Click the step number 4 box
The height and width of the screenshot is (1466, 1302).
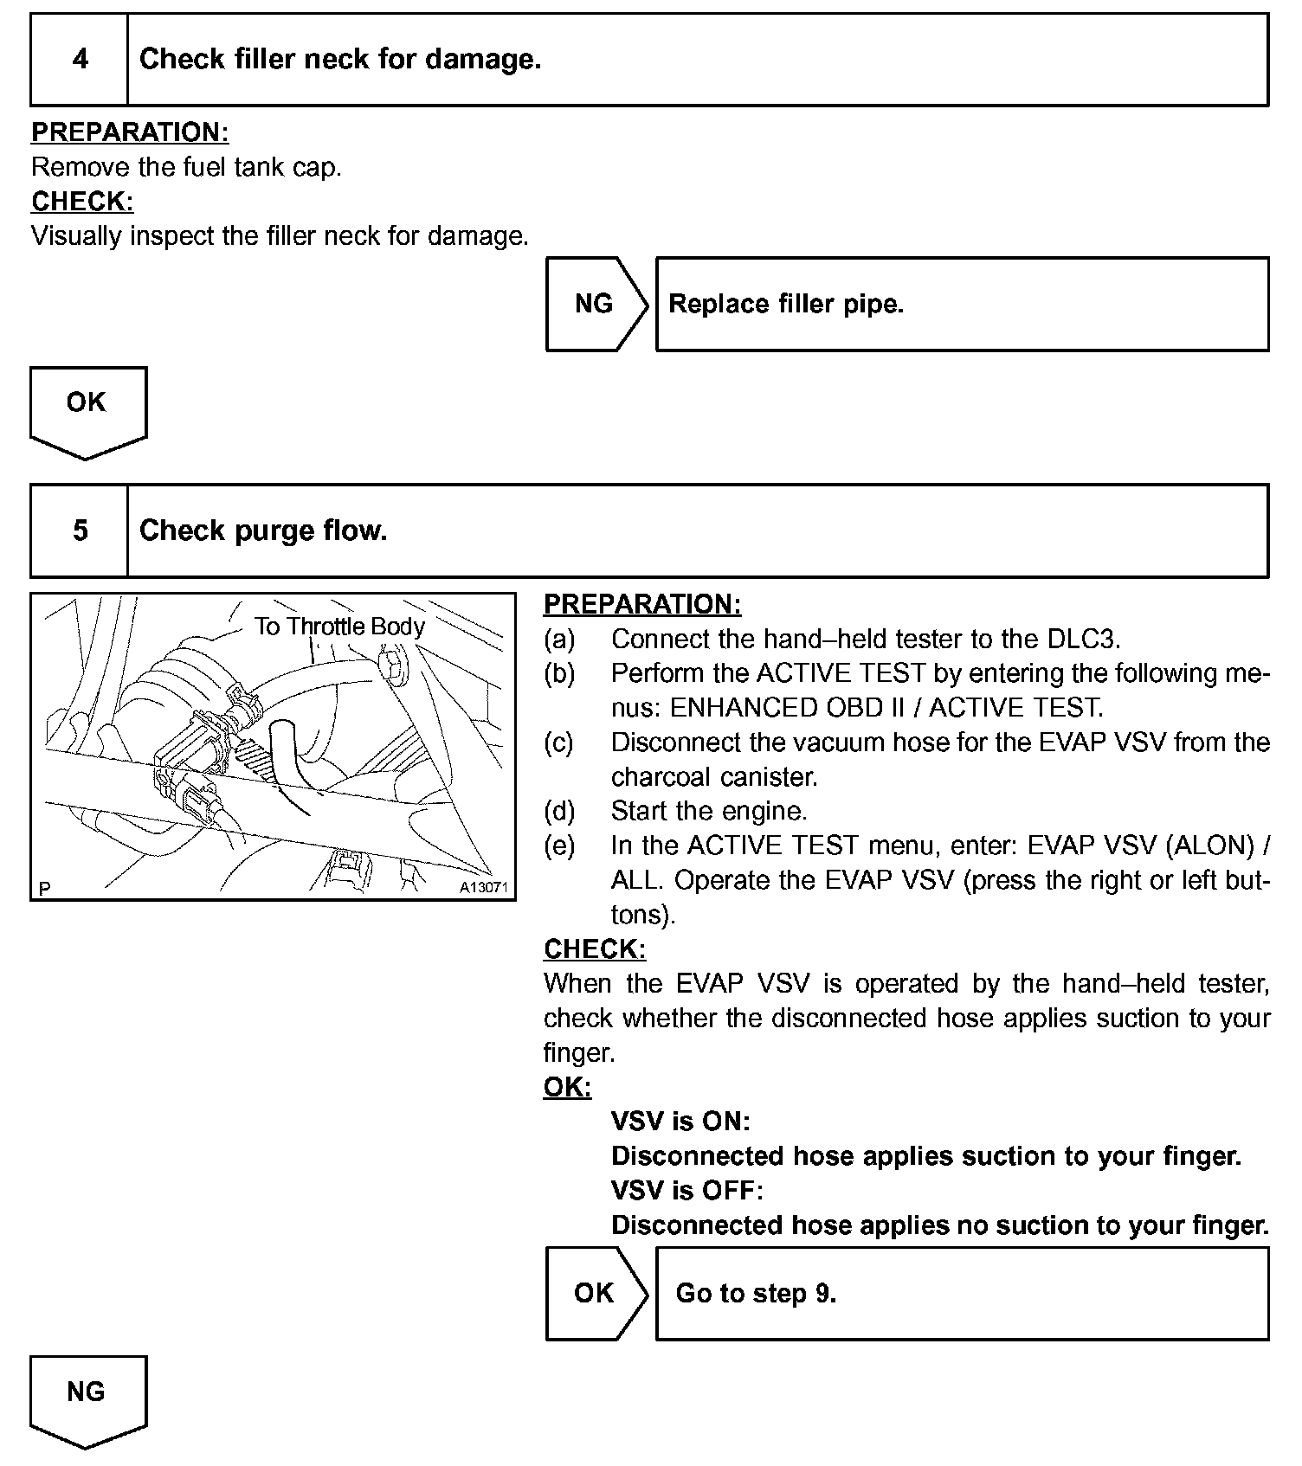tap(80, 60)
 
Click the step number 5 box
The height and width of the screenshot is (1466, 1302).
tap(80, 530)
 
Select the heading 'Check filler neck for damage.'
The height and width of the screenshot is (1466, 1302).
tap(340, 60)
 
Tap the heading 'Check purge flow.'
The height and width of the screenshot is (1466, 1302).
tap(263, 530)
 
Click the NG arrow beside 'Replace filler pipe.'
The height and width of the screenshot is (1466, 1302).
tap(596, 304)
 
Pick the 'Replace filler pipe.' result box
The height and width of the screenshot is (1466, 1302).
tap(961, 304)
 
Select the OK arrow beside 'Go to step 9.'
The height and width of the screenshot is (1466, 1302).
tap(596, 1293)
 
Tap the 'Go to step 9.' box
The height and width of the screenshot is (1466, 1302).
tap(961, 1293)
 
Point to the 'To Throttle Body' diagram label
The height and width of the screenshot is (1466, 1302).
tap(339, 627)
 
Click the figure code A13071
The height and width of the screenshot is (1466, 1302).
tap(483, 888)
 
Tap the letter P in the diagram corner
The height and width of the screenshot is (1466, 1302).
tap(45, 889)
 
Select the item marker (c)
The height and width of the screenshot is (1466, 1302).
tap(559, 743)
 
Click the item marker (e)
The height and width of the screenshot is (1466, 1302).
tap(559, 846)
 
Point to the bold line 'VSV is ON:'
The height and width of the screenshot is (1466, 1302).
tap(680, 1122)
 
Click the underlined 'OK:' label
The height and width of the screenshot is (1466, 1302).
tap(567, 1087)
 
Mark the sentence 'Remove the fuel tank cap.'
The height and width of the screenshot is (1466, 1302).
tap(186, 167)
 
